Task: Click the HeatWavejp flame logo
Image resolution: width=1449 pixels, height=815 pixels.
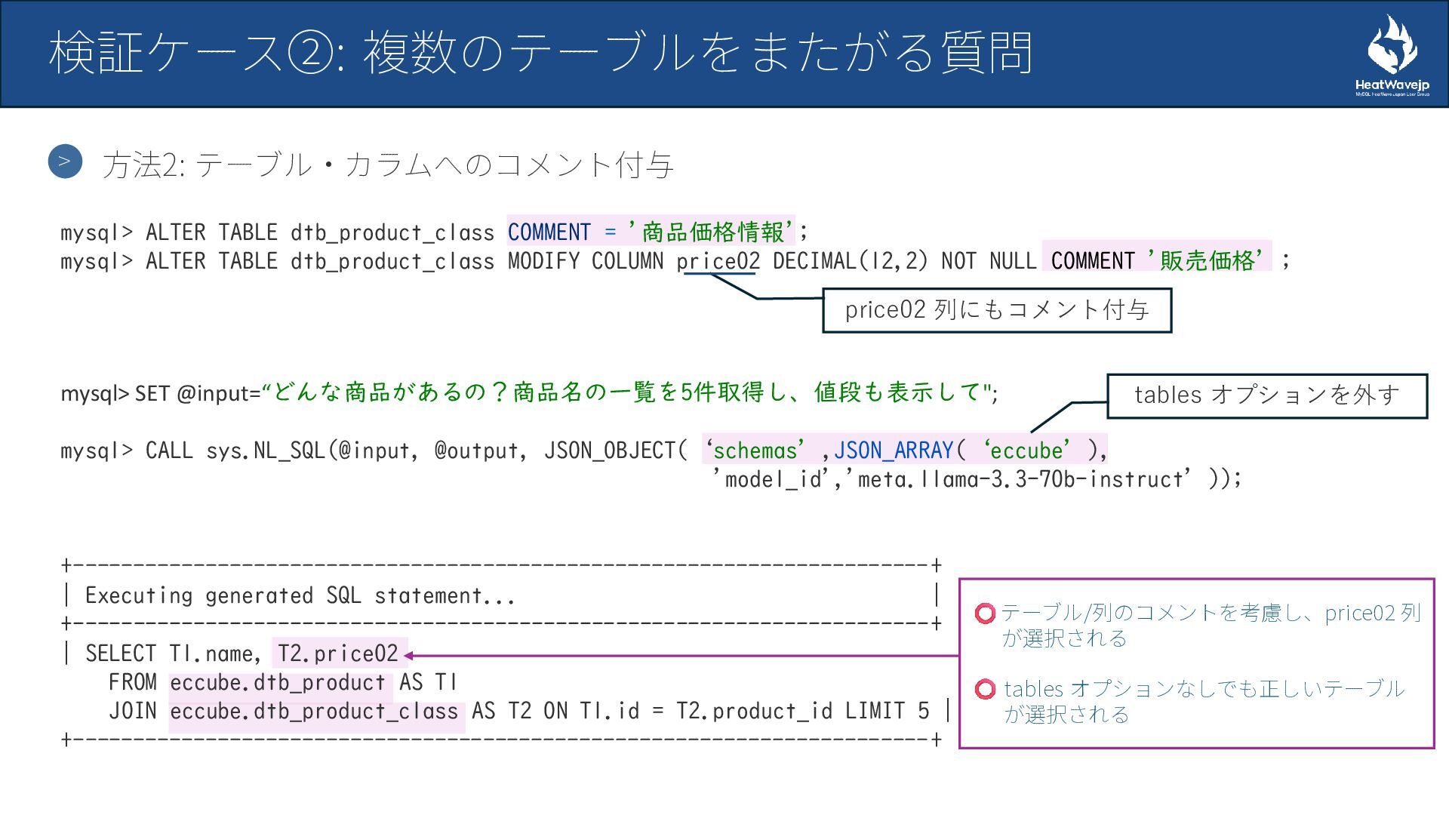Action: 1392,47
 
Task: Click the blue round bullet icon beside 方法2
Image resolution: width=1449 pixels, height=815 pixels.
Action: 65,161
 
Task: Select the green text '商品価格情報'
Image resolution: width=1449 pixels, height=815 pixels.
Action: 712,232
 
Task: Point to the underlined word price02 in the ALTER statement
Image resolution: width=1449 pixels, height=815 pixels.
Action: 718,261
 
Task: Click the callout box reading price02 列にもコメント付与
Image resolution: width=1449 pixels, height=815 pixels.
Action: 996,310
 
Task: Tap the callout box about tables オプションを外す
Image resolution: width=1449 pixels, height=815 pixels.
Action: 1266,395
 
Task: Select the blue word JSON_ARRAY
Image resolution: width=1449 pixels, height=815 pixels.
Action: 894,451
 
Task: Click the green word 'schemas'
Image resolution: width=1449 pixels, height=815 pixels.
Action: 755,451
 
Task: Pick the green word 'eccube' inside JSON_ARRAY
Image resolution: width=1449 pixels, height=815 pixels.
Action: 1027,451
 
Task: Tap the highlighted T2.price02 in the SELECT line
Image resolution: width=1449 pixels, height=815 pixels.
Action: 337,654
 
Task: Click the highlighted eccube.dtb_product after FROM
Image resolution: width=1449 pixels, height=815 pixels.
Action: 278,683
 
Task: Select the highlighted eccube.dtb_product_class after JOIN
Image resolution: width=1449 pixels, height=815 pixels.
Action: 314,712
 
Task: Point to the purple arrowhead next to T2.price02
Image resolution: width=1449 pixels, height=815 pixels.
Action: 409,656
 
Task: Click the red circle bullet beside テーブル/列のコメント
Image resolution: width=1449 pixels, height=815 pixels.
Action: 985,614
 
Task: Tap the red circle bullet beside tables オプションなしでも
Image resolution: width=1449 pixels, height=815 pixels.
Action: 985,689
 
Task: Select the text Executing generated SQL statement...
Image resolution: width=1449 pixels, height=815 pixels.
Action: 300,595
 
